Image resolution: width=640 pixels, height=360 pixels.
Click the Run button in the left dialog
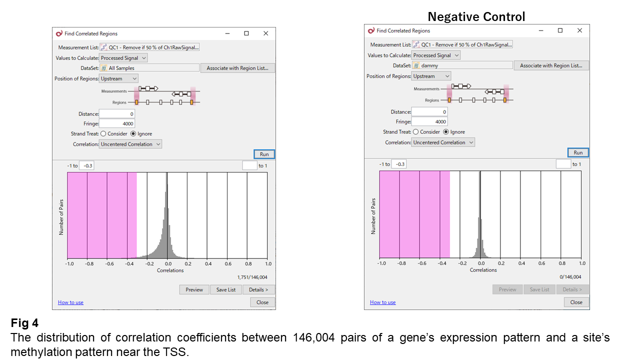tap(264, 154)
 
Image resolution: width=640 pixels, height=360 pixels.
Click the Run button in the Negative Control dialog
tap(578, 152)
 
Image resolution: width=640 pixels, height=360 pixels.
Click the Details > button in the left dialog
tap(258, 289)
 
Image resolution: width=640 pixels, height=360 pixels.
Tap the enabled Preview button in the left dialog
tap(194, 289)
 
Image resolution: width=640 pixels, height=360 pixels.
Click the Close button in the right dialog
tap(576, 302)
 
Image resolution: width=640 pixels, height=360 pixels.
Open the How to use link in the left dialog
tap(70, 302)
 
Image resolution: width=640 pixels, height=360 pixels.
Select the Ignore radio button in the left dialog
tap(133, 134)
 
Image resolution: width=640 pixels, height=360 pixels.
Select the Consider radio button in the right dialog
tap(416, 132)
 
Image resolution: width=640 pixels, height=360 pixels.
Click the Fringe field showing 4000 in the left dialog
tap(117, 123)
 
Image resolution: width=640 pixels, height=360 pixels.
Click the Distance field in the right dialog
tap(429, 112)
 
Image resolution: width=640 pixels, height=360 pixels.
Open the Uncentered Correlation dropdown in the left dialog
tap(130, 144)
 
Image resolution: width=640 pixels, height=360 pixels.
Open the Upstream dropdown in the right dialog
tap(431, 76)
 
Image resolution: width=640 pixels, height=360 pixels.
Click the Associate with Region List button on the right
tap(551, 65)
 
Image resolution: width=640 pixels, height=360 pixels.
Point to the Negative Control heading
tap(476, 17)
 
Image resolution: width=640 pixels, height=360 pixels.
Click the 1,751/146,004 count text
tap(252, 277)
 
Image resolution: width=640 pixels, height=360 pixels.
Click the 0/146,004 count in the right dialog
tap(570, 277)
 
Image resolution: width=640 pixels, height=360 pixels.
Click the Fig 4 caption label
tap(24, 323)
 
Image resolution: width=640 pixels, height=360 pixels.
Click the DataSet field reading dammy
tap(462, 65)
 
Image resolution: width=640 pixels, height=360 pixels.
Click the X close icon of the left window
tap(265, 33)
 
